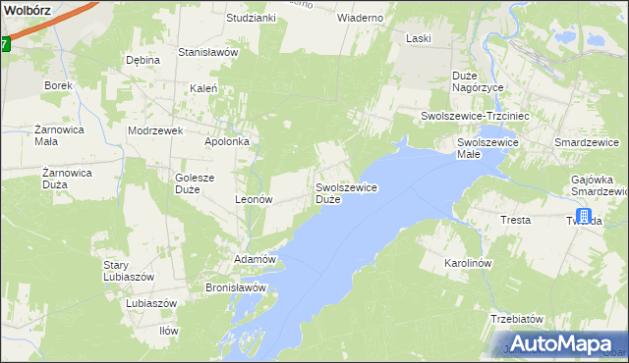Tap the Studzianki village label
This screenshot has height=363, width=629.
point(251,18)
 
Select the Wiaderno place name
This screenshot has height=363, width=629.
point(360,18)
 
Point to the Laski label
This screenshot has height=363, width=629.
point(420,38)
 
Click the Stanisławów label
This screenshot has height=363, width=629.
point(208,52)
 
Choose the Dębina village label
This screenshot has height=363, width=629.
point(143,60)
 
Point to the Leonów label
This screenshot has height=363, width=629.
point(253,198)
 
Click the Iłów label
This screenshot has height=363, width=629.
point(169,331)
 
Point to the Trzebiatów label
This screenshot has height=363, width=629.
point(517,319)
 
